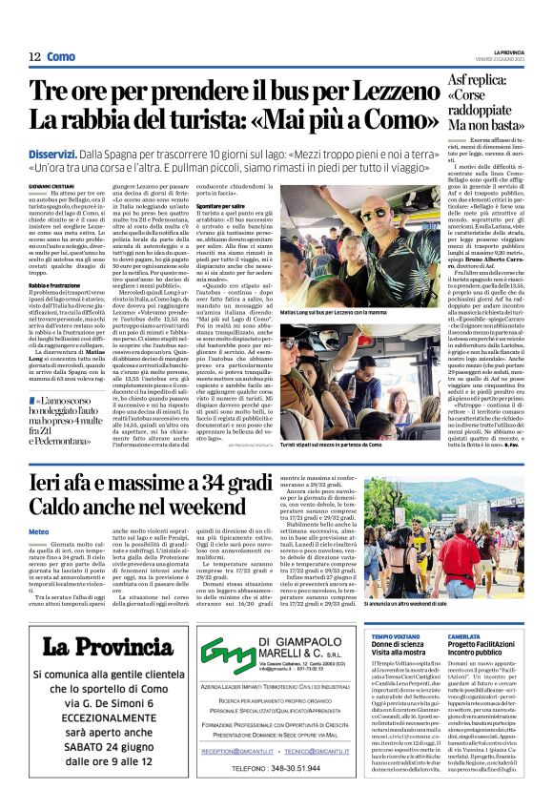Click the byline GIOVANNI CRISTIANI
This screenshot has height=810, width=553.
coord(51,182)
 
